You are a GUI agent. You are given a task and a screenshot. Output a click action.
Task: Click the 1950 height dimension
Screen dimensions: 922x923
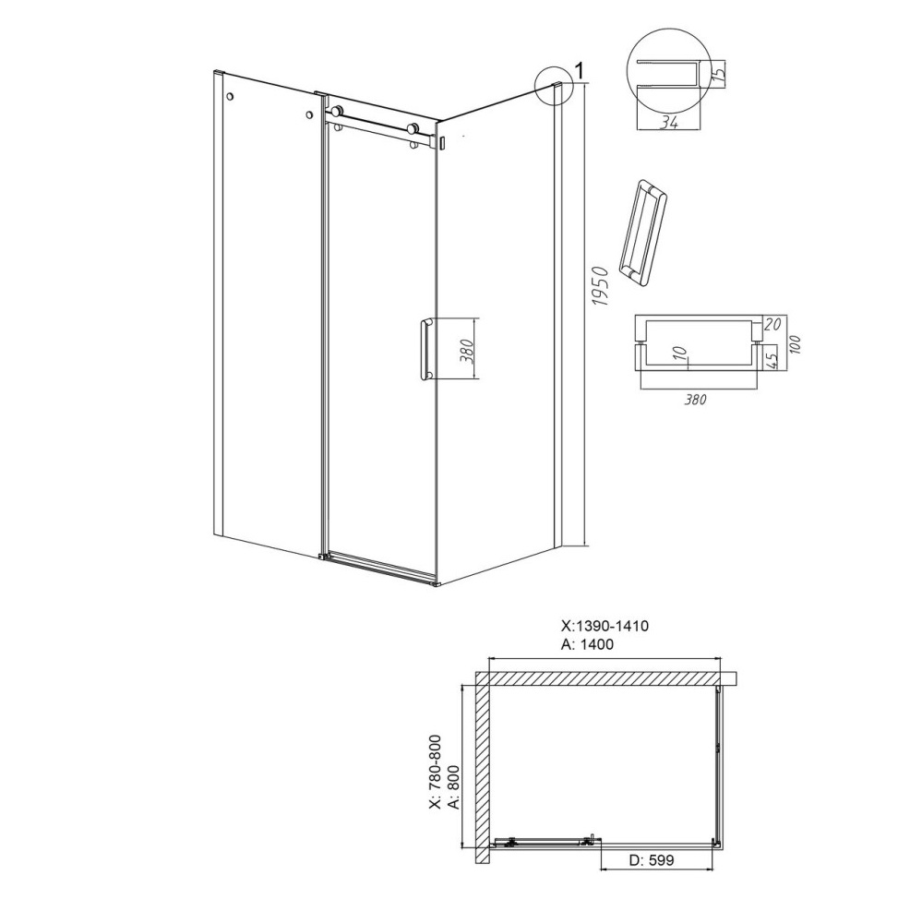(x=600, y=287)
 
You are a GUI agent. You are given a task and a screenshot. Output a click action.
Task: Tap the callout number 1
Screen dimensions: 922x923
(x=579, y=71)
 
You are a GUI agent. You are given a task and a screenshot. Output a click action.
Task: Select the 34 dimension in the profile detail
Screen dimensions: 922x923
(x=667, y=123)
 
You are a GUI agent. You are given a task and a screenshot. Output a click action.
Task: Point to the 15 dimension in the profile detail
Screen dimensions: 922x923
(x=717, y=75)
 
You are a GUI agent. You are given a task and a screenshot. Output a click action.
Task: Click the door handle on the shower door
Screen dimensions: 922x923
(x=425, y=350)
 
